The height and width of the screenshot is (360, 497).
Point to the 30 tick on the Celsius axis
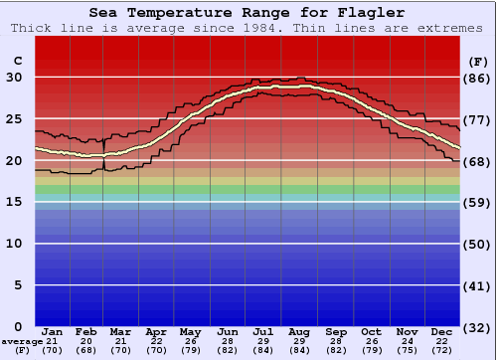(x=15, y=78)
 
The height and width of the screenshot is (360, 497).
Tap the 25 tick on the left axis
(x=15, y=119)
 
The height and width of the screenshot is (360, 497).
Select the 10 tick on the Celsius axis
(x=15, y=244)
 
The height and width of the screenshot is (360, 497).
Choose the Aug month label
(x=299, y=331)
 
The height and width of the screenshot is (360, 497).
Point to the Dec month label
(x=442, y=331)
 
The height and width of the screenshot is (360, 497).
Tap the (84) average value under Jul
(x=263, y=351)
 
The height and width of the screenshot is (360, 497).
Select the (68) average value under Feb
(x=87, y=351)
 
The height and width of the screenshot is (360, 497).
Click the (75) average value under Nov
(x=407, y=351)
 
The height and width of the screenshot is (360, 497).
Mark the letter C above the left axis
(x=17, y=62)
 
